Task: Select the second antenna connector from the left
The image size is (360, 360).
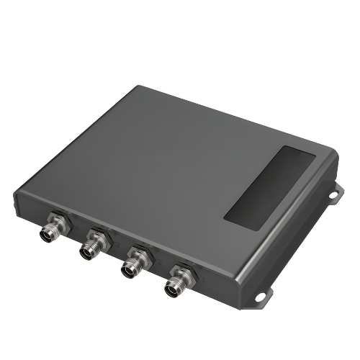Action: point(90,248)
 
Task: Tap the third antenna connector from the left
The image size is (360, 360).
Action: point(131,268)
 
